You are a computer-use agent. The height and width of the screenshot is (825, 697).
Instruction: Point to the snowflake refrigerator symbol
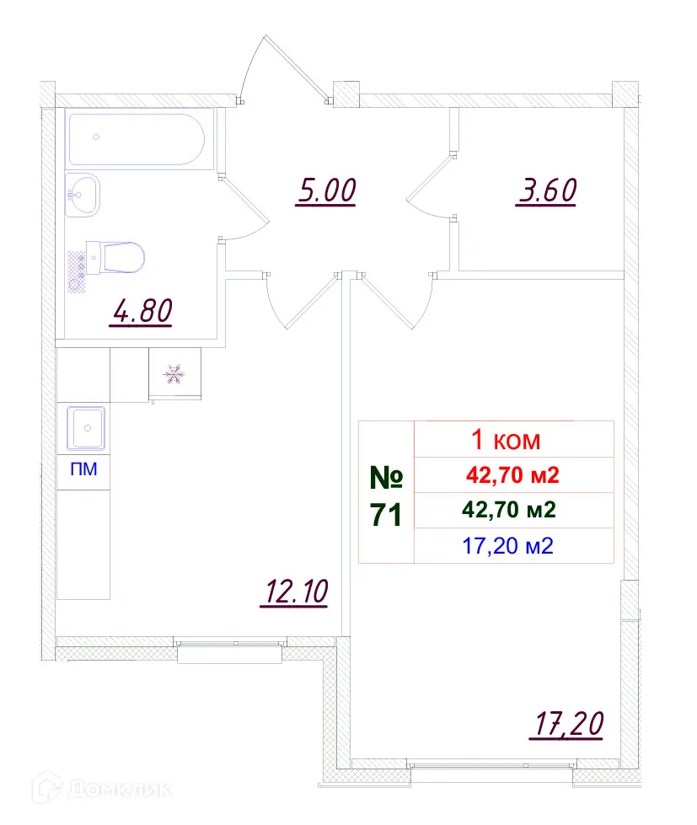pos(174,373)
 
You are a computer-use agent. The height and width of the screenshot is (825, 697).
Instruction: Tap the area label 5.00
pos(327,191)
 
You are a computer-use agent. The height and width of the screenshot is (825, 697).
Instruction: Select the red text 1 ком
pos(503,440)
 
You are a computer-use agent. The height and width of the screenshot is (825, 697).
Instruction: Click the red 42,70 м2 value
pos(512,475)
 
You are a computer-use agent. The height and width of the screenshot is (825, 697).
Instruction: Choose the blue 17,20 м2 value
pos(508,545)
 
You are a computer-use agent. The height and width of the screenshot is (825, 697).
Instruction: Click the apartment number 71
pos(386,514)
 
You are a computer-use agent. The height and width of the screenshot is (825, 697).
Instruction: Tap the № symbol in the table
pos(386,478)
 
